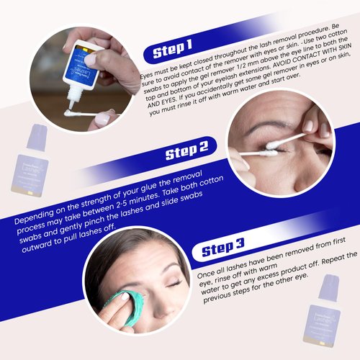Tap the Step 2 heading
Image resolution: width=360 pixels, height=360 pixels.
(x=186, y=153)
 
